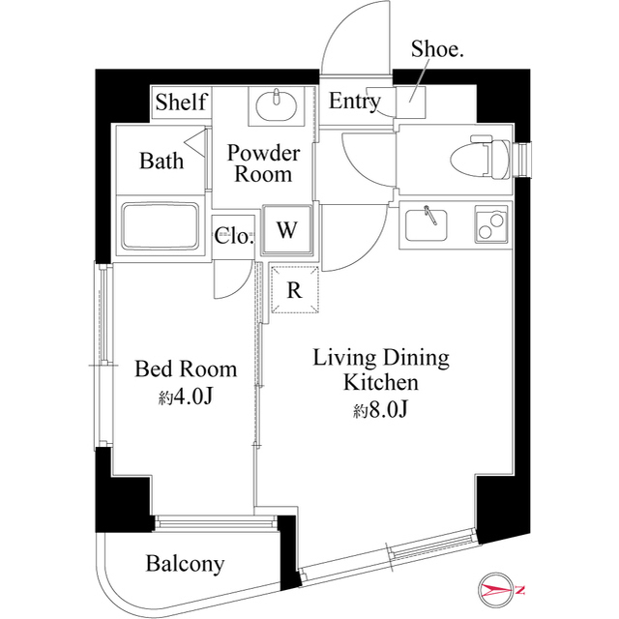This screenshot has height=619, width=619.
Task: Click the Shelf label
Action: (181, 102)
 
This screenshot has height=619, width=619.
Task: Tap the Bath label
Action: (161, 161)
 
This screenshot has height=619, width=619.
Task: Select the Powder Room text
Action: (263, 163)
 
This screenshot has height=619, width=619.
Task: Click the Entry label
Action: (354, 102)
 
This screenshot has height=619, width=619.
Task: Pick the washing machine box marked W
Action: (286, 230)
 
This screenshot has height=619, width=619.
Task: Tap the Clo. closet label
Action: (234, 236)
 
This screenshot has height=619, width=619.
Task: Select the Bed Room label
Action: (185, 368)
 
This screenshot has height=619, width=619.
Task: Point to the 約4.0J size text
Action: (186, 397)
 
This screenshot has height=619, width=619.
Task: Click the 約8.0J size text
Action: (381, 411)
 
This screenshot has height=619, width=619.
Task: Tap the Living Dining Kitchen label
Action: (381, 370)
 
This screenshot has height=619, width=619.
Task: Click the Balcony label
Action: (185, 563)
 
